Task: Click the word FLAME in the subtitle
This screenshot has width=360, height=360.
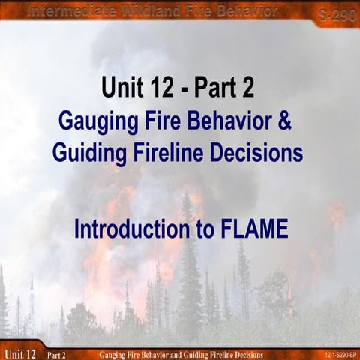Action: (250, 229)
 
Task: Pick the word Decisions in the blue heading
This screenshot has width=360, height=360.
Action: (259, 152)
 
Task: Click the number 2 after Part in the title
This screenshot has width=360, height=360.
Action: (247, 88)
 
